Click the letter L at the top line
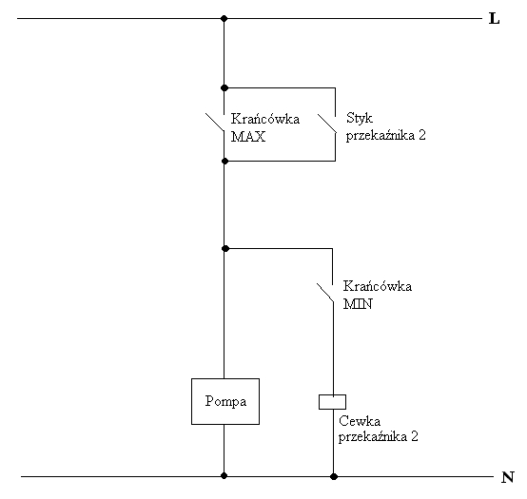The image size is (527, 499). tap(494, 18)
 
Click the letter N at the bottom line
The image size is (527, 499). tap(508, 477)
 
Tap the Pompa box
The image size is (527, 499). tap(225, 402)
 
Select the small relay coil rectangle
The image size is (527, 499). tap(332, 402)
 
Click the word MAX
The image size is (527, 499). tap(248, 137)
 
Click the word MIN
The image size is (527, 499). tap(358, 304)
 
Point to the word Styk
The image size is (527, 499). tap(360, 119)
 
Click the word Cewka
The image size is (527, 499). tap(360, 421)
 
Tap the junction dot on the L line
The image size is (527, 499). tap(224, 18)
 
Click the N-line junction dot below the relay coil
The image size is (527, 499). tap(333, 476)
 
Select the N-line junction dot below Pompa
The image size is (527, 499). tap(224, 476)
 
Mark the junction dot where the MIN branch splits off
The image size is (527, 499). tap(225, 248)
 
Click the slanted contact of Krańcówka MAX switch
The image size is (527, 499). tap(215, 122)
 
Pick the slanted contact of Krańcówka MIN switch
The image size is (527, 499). tap(325, 293)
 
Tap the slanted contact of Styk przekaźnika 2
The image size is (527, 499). tap(326, 124)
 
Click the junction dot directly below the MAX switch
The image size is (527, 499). tap(224, 162)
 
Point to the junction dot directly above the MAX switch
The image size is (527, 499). tap(224, 88)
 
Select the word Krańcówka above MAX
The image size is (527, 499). tap(265, 119)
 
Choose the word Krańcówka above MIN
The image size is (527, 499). tap(377, 286)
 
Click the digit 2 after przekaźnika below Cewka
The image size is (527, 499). tap(415, 436)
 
